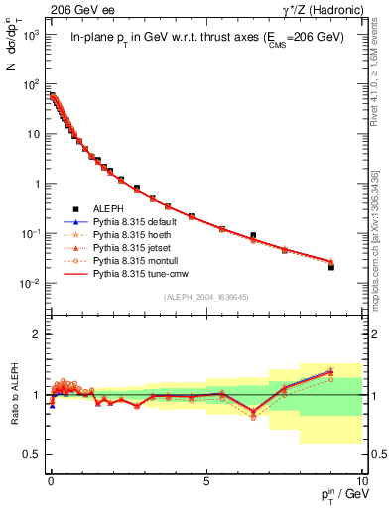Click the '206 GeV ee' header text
pyautogui.click(x=75, y=9)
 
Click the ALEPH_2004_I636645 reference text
pyautogui.click(x=204, y=298)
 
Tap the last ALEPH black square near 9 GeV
pyautogui.click(x=330, y=267)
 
